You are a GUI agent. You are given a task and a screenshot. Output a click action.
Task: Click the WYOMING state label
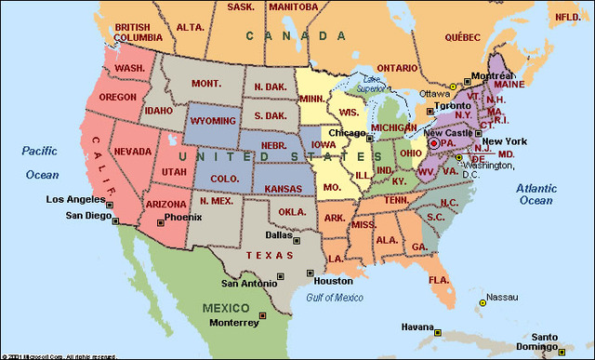click(214, 122)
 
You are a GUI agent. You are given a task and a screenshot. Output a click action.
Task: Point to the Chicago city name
click(346, 133)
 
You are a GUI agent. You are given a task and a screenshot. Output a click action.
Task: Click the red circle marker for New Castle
click(432, 144)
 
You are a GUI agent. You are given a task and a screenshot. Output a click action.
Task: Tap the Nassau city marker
click(483, 303)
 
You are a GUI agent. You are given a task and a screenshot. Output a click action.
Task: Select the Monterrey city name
click(233, 323)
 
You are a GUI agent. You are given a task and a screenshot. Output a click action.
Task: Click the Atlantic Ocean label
click(535, 193)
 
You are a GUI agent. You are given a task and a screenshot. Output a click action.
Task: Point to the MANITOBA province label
click(293, 7)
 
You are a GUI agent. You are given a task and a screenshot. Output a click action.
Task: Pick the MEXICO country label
click(227, 308)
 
